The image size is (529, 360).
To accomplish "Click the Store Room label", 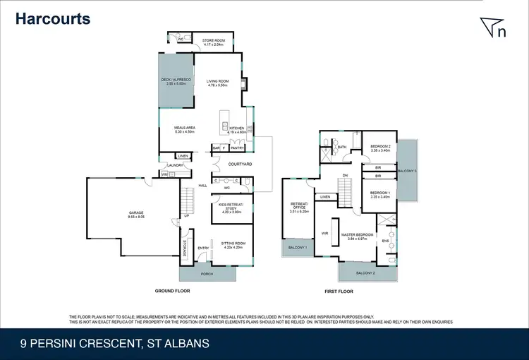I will tap(213, 41).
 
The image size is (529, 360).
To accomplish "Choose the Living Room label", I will tap(218, 82).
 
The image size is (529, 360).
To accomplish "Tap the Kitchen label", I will tap(236, 129).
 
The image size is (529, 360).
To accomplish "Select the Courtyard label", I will tap(231, 164).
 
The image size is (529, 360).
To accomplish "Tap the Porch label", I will tap(207, 274).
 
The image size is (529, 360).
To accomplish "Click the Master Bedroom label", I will tap(358, 235).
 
